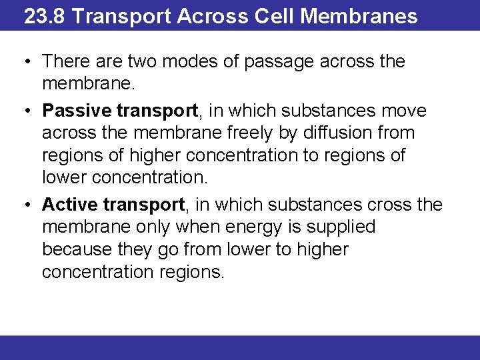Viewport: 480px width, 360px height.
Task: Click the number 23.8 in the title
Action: pyautogui.click(x=44, y=15)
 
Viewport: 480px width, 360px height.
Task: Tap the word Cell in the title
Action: pyautogui.click(x=274, y=15)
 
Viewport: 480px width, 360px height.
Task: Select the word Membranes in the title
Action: pyautogui.click(x=359, y=15)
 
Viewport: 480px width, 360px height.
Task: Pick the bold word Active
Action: pyautogui.click(x=70, y=204)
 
